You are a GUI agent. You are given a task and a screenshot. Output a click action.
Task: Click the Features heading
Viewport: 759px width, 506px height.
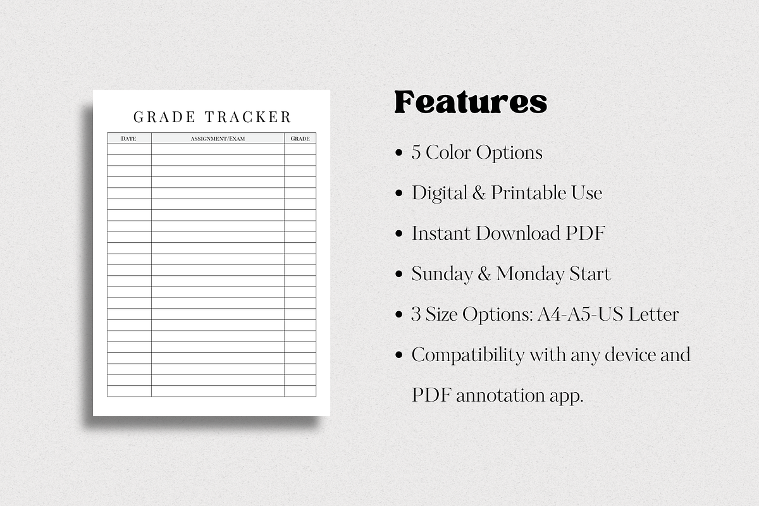471,102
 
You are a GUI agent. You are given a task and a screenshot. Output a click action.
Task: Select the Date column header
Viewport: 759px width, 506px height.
128,139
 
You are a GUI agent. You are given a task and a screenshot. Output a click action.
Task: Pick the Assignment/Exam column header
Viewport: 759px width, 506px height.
218,139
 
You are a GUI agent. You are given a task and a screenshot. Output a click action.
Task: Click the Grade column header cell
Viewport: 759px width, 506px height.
300,139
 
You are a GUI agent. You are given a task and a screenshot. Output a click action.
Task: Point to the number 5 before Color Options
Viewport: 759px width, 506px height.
416,153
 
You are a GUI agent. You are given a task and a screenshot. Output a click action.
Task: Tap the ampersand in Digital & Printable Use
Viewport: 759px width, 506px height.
479,193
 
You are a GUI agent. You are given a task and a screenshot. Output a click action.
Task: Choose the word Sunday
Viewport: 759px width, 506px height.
442,274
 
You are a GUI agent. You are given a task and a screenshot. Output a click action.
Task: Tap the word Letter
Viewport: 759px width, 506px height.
657,314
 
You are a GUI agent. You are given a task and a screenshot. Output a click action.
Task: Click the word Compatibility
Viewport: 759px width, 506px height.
467,355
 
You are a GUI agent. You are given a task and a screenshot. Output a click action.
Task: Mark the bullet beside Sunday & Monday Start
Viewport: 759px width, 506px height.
398,275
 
